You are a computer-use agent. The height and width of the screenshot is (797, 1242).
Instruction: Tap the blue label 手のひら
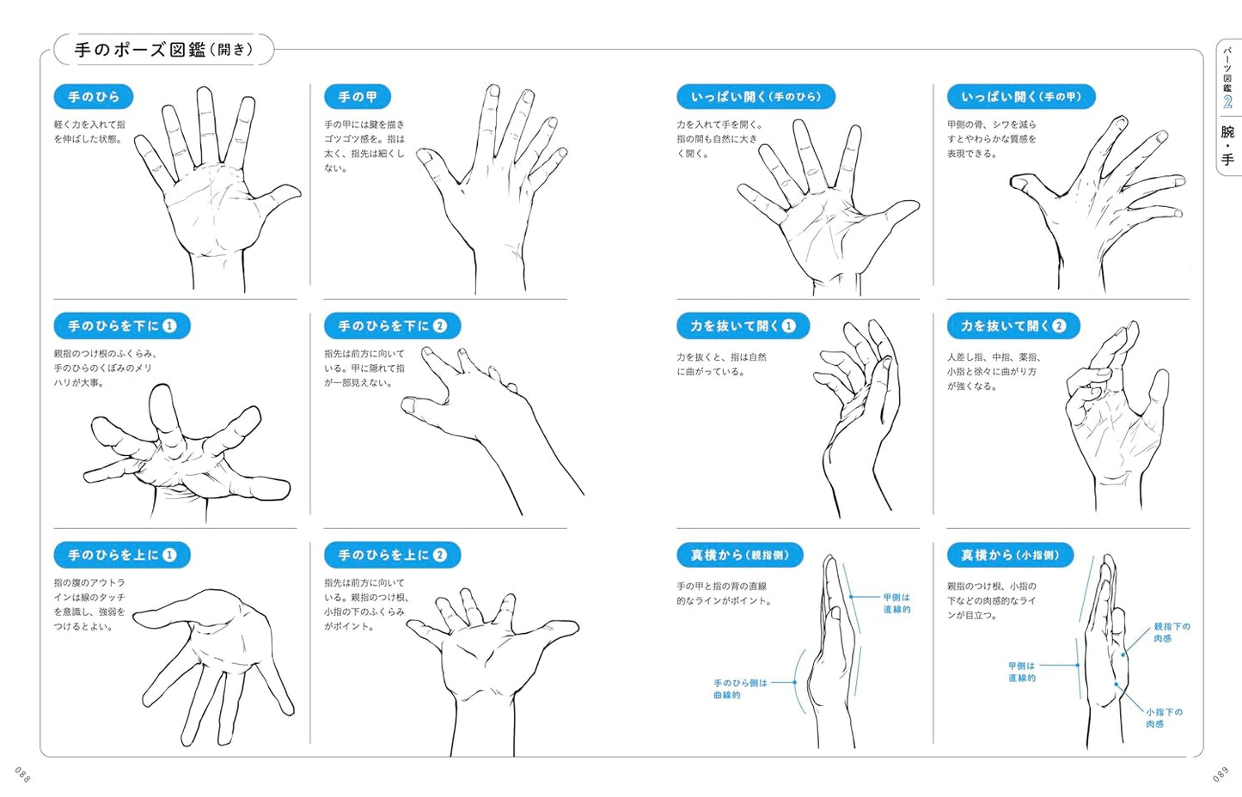point(94,97)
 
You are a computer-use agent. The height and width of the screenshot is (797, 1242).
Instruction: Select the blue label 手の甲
point(358,97)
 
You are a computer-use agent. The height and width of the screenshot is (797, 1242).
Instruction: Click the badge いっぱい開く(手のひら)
point(756,97)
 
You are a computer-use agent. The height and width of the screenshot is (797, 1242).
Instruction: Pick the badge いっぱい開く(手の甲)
point(1021,97)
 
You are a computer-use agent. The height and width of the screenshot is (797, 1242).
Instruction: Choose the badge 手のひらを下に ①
point(122,325)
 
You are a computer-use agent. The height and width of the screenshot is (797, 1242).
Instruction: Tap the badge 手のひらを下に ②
point(393,325)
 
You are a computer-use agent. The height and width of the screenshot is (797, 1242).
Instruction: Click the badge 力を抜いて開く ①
point(743,325)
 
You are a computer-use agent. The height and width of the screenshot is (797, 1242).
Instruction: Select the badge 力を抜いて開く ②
point(1013,325)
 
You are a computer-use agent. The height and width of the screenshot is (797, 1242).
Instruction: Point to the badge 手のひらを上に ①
point(122,555)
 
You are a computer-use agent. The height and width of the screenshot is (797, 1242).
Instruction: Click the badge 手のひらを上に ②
point(393,555)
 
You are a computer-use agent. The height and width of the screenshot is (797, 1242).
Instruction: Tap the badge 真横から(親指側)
point(740,555)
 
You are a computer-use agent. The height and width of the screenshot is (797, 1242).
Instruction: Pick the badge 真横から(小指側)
point(1010,555)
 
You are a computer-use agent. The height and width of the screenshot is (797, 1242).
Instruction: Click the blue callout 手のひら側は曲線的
point(740,689)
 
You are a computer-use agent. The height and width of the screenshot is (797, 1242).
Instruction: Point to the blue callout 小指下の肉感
point(1165,718)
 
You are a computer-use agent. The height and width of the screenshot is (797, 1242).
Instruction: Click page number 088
point(22,775)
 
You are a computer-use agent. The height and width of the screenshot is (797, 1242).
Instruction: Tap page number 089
point(1221,775)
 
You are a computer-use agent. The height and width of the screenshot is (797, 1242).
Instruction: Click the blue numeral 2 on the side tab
point(1227,102)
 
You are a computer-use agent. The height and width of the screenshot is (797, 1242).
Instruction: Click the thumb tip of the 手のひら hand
point(298,191)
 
